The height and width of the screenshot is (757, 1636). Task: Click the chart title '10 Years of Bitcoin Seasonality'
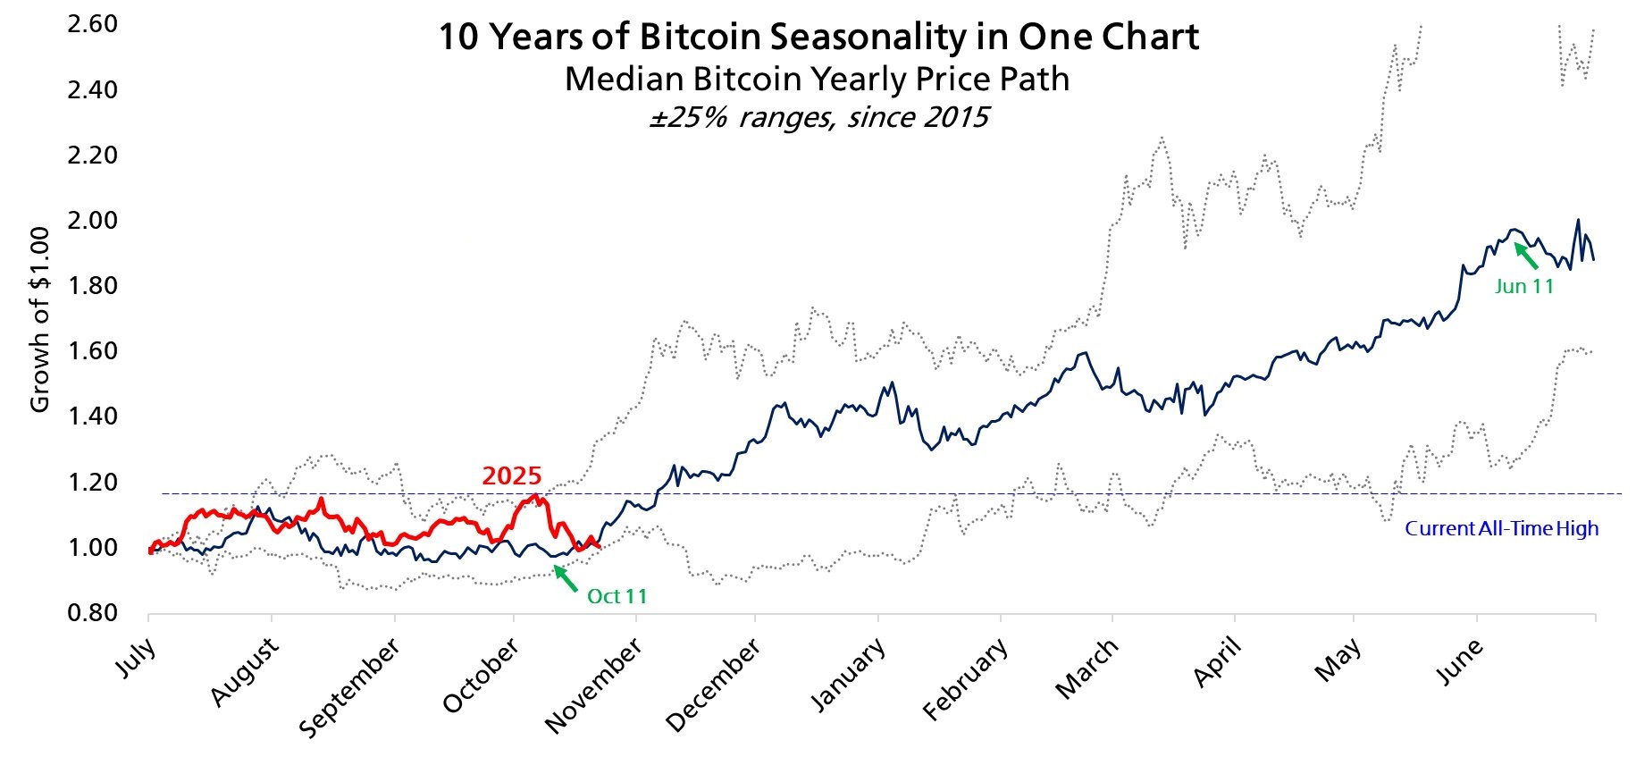coord(818,38)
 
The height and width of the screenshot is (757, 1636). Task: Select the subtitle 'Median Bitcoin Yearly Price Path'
coord(817,80)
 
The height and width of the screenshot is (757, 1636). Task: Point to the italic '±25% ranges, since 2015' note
coord(818,117)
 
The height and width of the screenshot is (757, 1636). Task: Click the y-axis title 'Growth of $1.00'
coord(40,319)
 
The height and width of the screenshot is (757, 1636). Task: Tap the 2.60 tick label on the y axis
coord(93,24)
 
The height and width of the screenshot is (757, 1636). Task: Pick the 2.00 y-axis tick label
coord(93,221)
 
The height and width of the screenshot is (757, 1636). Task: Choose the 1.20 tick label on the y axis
coord(93,483)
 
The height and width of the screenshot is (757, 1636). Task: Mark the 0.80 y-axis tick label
coord(93,613)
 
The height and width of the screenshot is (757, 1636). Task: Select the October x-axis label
coord(481,675)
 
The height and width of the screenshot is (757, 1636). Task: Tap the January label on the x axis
coord(847,675)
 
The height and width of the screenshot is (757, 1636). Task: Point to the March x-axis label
coord(1086,669)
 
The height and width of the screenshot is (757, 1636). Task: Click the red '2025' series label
coord(512,475)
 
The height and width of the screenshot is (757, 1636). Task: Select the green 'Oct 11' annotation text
coord(617,596)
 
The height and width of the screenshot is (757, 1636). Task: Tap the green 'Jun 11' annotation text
coord(1523,286)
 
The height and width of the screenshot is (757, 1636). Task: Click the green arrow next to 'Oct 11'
coord(566,578)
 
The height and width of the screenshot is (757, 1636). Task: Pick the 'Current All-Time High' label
coord(1501,528)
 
